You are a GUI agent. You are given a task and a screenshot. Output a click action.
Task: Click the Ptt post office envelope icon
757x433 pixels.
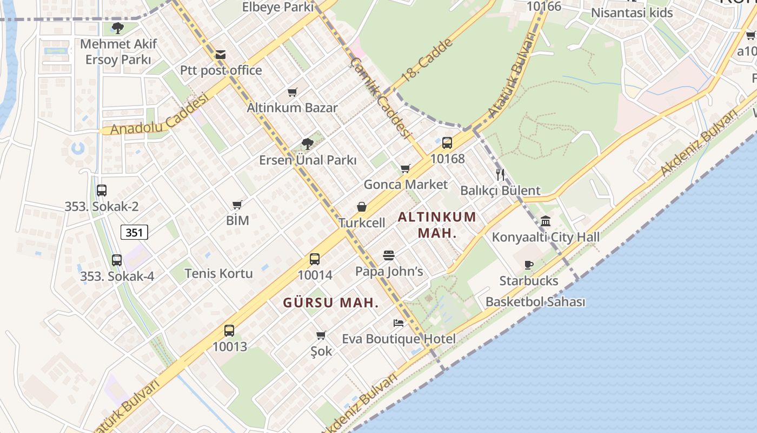[220, 55]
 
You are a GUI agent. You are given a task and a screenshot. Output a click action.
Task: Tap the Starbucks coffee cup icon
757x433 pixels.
[529, 265]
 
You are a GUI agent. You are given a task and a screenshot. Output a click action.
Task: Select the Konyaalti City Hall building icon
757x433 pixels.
[545, 221]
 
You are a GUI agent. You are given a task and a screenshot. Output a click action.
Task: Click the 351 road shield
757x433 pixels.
[134, 233]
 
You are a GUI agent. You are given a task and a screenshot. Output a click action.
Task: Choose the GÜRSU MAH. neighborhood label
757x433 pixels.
[331, 303]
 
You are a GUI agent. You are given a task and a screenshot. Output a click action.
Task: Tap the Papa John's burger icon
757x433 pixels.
[389, 255]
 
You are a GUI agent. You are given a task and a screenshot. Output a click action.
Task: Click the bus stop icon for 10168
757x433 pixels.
[447, 143]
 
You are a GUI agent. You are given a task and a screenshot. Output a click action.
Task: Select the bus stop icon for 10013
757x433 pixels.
[229, 331]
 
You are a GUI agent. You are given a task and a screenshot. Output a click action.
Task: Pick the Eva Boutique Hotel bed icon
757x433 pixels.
[399, 323]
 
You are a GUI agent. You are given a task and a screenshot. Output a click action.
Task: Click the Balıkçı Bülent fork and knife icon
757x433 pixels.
[500, 174]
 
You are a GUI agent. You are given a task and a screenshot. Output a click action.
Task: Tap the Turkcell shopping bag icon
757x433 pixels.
[362, 207]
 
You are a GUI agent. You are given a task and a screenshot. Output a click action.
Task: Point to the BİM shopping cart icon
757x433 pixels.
[237, 205]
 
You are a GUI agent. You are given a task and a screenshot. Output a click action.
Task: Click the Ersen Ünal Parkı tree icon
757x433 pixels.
[307, 144]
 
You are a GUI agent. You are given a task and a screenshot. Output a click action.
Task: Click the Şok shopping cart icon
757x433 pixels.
[321, 335]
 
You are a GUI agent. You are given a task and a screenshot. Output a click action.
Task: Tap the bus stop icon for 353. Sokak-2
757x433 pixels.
[102, 191]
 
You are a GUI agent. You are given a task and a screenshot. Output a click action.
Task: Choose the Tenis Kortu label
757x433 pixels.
[218, 273]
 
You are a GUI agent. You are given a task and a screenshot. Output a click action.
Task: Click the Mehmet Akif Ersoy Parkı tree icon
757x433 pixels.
[117, 28]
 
